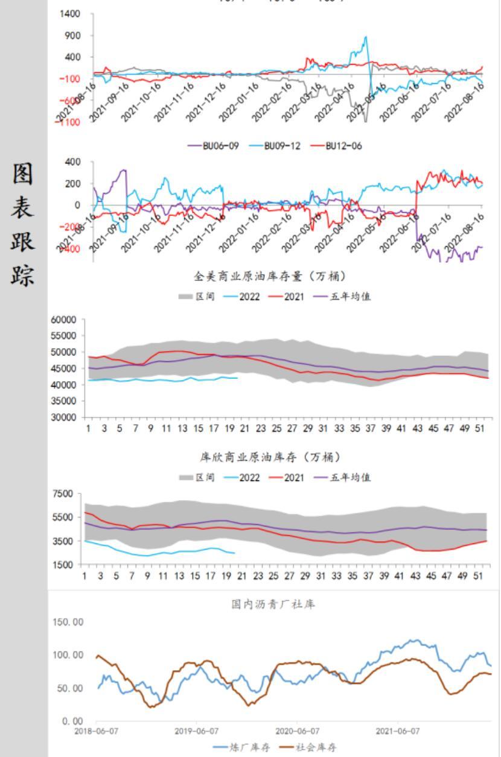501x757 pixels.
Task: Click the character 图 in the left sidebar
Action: pos(24,174)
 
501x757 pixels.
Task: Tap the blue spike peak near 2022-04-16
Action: pos(365,37)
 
